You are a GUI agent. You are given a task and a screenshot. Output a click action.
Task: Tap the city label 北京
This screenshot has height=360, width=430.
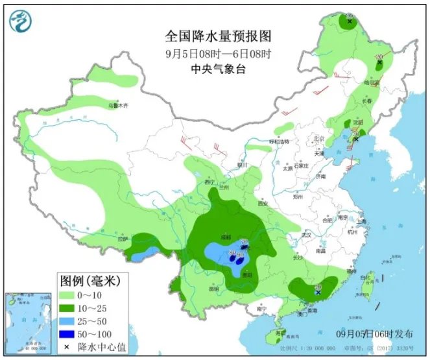(317, 139)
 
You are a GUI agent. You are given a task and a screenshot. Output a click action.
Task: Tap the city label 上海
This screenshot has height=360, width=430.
(361, 221)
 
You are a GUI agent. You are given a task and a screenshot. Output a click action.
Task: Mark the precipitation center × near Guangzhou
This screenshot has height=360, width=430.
(318, 293)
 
